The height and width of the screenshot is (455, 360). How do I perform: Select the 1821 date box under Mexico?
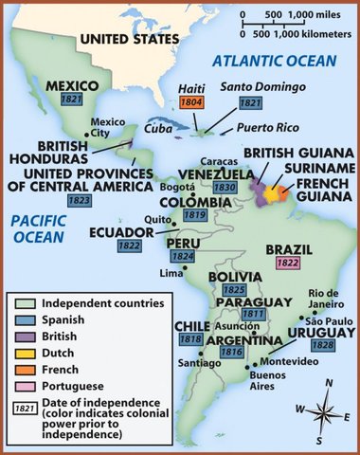tap(70, 99)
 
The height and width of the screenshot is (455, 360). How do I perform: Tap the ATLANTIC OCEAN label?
tap(273, 61)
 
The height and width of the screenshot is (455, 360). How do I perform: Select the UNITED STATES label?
tap(129, 38)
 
